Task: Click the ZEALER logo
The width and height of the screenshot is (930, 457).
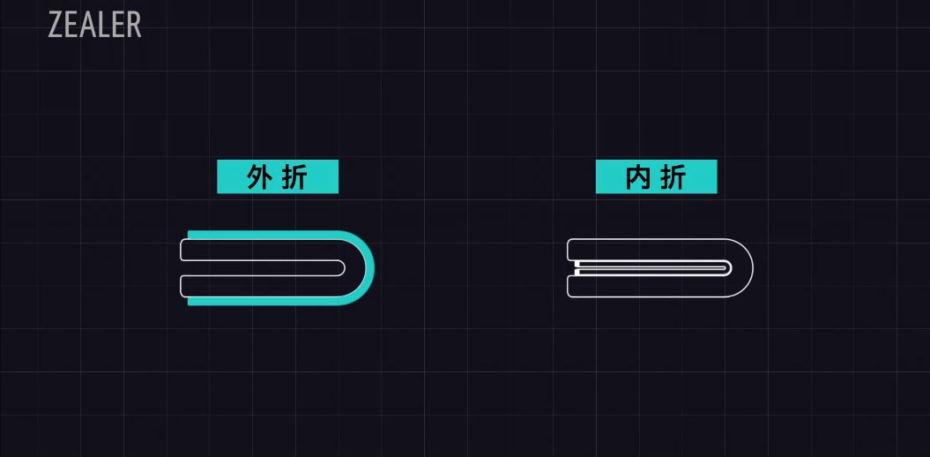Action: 94,25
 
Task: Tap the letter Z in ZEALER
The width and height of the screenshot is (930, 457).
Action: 56,25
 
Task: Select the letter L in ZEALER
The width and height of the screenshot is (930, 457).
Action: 103,25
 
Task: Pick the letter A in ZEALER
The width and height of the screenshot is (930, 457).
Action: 86,25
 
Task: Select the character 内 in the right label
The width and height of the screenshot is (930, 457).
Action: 637,177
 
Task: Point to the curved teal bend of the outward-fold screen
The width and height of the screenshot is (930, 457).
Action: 368,268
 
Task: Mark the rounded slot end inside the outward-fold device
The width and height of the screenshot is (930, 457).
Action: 342,268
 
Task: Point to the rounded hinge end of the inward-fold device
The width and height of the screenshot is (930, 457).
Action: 745,268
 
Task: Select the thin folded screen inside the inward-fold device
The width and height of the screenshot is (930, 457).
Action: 652,266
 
